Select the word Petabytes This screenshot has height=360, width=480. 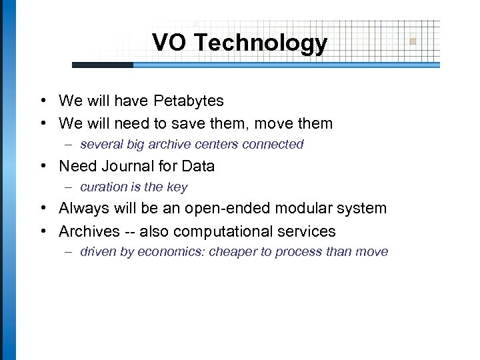pyautogui.click(x=189, y=101)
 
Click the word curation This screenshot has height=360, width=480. pyautogui.click(x=101, y=187)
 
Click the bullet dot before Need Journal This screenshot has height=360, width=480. pyautogui.click(x=42, y=166)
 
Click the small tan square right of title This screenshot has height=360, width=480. pyautogui.click(x=413, y=41)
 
